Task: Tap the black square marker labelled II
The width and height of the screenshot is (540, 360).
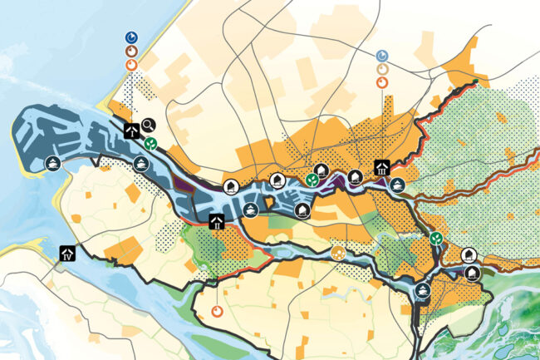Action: (x=216, y=222)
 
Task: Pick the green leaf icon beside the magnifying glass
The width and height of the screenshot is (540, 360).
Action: (x=151, y=143)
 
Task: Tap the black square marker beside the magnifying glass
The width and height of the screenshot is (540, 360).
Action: (x=130, y=130)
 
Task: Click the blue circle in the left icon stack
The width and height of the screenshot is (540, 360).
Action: (x=131, y=37)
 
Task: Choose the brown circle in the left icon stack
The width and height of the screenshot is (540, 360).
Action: (x=131, y=51)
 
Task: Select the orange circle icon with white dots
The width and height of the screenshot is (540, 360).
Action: (x=337, y=251)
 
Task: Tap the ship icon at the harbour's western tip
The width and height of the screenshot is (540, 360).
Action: (x=52, y=164)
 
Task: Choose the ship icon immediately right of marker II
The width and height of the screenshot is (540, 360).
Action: (x=248, y=211)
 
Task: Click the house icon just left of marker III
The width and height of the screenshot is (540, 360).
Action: (x=355, y=176)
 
